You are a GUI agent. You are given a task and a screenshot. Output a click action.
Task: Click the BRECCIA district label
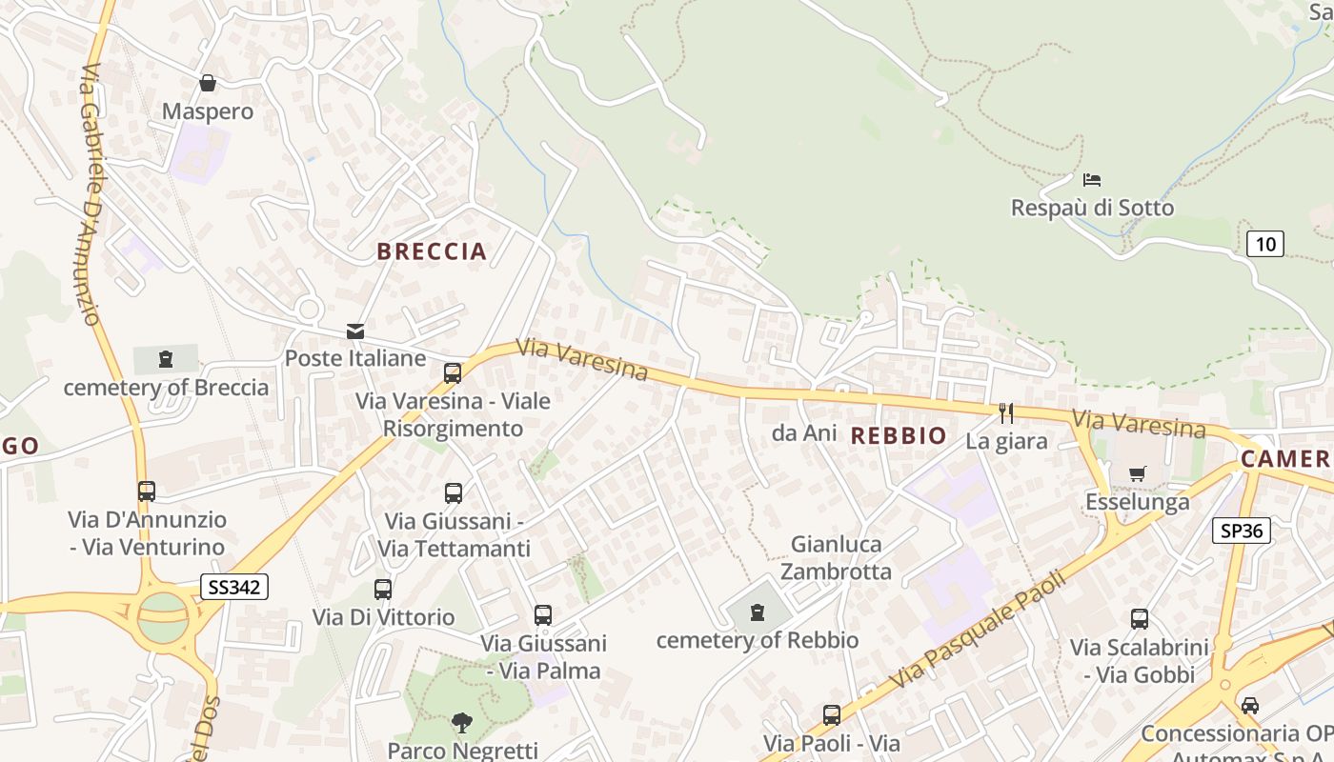[x=432, y=251]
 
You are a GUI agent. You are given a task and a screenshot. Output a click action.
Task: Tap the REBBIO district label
[x=899, y=436]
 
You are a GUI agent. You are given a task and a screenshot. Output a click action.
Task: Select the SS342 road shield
[x=234, y=587]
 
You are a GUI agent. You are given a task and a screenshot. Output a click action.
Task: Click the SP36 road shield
[x=1243, y=531]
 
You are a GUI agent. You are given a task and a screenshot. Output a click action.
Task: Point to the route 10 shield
[x=1265, y=244]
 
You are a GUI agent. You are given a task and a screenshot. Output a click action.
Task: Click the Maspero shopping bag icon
[x=208, y=84]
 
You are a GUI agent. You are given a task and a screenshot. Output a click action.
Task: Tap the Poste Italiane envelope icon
[x=355, y=331]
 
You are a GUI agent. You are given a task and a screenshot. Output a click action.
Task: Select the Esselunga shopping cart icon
[x=1137, y=473]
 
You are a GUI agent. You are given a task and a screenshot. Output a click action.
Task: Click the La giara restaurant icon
[x=1006, y=412]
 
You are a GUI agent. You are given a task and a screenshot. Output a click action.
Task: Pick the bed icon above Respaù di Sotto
[x=1092, y=179]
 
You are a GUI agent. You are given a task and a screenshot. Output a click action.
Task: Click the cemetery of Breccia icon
[x=166, y=359]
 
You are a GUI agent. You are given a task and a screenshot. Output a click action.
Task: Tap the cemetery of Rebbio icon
[x=758, y=612]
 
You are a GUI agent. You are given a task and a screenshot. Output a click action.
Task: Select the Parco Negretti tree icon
[x=462, y=722]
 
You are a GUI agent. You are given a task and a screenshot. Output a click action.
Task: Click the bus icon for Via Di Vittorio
[x=383, y=589]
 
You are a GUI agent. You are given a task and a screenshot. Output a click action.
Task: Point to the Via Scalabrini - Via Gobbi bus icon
[x=1139, y=619]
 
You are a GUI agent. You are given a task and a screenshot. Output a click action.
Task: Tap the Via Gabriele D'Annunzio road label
[x=92, y=195]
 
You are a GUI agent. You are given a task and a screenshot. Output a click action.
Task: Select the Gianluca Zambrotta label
[x=837, y=557]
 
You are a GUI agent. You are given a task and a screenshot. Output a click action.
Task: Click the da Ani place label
[x=804, y=432]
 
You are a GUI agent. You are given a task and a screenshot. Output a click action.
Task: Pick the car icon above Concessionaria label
[x=1249, y=705]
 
